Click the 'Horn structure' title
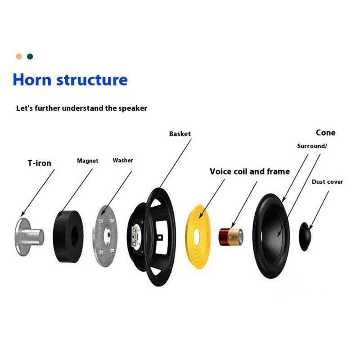point(70,80)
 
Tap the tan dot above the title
point(19,57)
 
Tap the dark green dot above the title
point(30,57)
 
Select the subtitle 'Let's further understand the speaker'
point(81,108)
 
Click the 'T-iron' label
point(40,163)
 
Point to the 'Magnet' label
point(88,160)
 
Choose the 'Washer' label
point(123,160)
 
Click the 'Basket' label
point(180,134)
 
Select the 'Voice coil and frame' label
point(250,171)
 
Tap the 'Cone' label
point(325,133)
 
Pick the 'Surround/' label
point(312,146)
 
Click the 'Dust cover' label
point(327,182)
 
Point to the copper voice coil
point(227,235)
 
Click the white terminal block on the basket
point(134,234)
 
